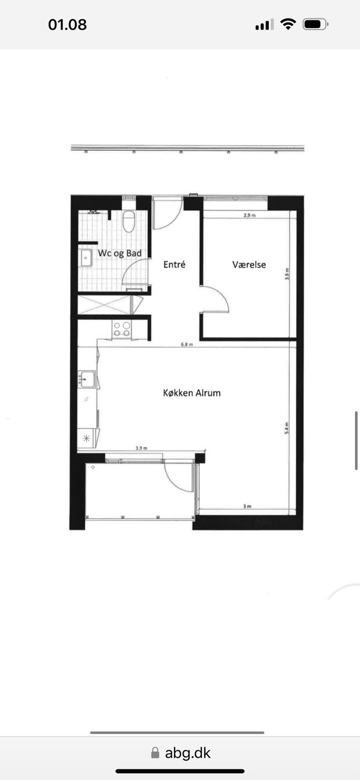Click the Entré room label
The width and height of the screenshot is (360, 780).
tap(174, 264)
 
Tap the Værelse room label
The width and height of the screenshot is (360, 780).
tap(249, 265)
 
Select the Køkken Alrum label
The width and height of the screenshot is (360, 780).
tap(192, 393)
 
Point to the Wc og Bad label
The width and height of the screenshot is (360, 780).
tap(120, 253)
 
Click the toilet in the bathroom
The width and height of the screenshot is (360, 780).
tap(129, 221)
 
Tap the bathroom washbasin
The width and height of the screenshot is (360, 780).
tap(85, 258)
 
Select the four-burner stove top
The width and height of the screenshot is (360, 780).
tap(122, 329)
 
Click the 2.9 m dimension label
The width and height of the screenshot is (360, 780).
tap(250, 215)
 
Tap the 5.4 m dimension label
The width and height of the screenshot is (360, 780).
tap(287, 428)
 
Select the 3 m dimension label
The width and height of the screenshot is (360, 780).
tap(247, 506)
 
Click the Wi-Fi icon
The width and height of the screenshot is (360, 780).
tap(288, 24)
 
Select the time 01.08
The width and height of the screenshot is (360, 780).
tap(67, 25)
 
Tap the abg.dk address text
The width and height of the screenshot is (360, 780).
tap(188, 753)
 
